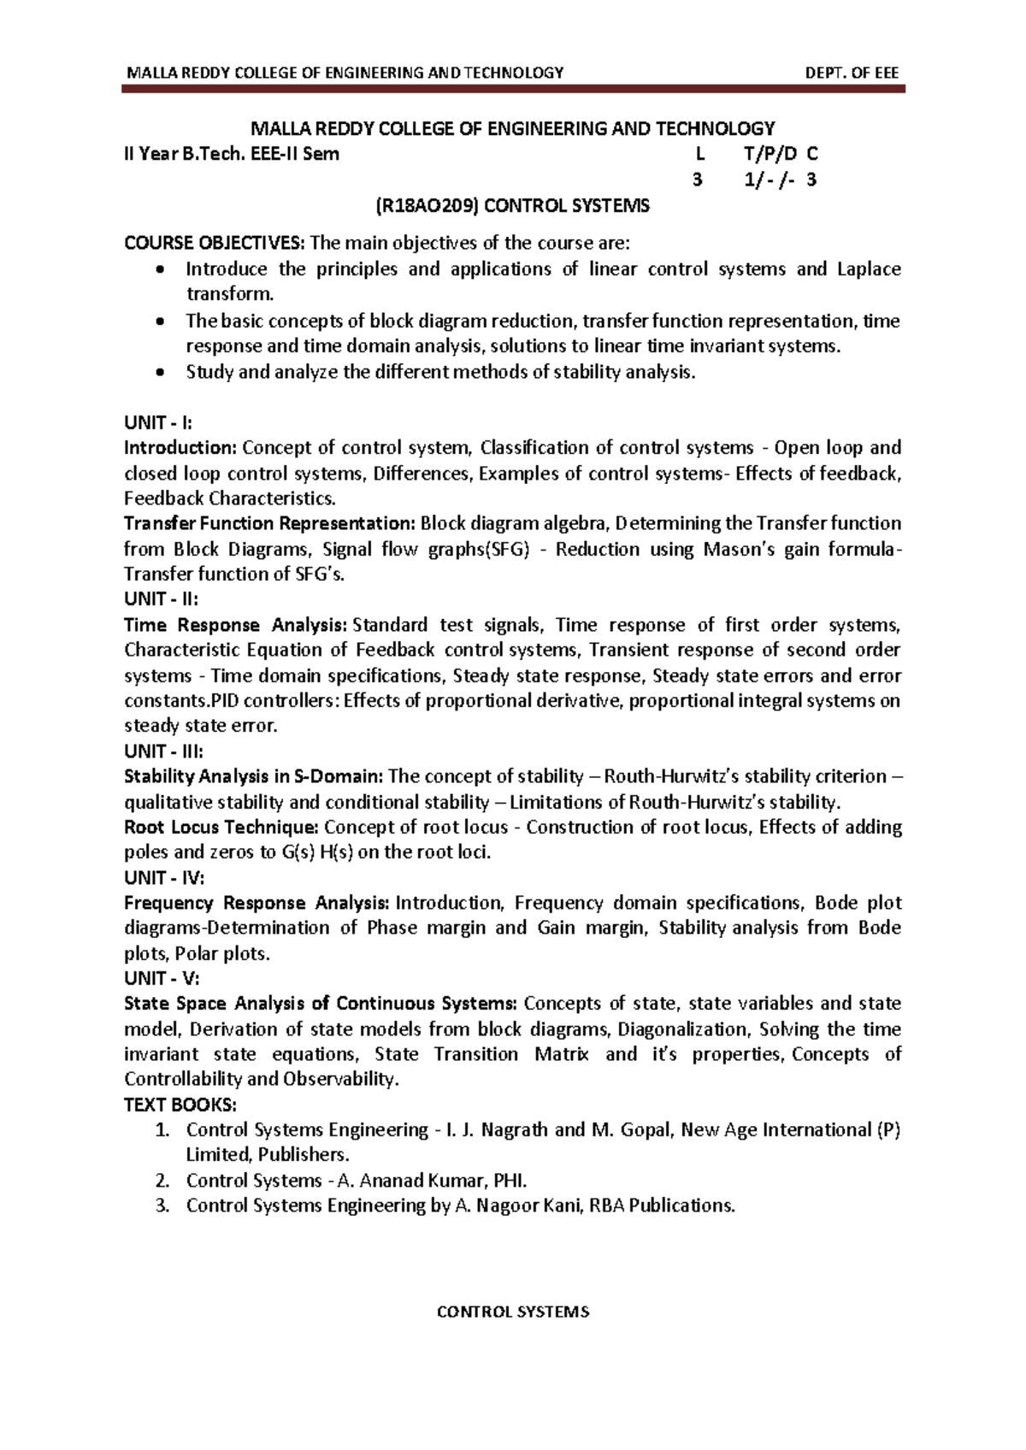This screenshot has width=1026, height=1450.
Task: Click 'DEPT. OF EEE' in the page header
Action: coord(852,73)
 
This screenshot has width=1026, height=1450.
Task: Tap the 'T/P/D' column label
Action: coord(770,155)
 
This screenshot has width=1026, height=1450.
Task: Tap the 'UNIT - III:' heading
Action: coord(163,752)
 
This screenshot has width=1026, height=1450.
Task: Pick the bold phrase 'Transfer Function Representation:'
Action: coord(269,523)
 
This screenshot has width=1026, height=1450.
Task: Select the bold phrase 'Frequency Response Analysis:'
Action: coord(256,904)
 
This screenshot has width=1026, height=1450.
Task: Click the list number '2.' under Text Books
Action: coord(162,1181)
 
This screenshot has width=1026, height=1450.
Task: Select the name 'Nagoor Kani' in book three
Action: coord(529,1206)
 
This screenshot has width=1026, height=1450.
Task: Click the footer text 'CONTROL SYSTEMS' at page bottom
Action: coord(513,1312)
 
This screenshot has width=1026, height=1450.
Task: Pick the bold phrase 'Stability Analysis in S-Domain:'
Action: coord(253,777)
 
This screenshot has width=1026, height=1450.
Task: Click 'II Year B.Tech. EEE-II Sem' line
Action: coord(232,155)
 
